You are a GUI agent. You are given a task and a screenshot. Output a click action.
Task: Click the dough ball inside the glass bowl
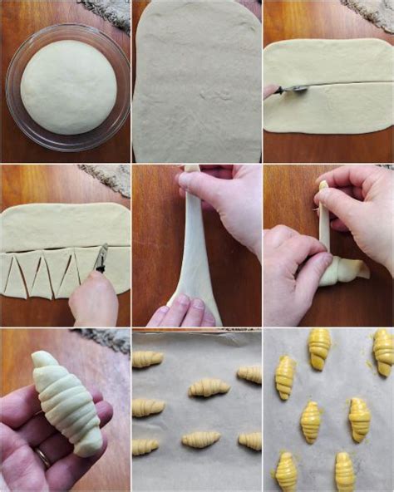(x=68, y=87)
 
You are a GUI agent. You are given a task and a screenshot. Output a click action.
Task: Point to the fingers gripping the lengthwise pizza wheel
(x=272, y=91)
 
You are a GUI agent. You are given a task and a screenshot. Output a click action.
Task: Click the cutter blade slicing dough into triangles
(x=101, y=258)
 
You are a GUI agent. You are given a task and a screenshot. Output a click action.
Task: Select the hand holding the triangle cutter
(x=93, y=299)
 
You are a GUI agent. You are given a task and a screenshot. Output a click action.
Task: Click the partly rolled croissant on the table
(x=344, y=270)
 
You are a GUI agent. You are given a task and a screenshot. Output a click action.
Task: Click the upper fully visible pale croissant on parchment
(x=208, y=387)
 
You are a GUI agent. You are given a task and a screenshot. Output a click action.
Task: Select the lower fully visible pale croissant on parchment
(x=200, y=439)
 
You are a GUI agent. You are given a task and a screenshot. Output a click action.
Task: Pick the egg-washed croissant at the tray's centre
(x=312, y=421)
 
